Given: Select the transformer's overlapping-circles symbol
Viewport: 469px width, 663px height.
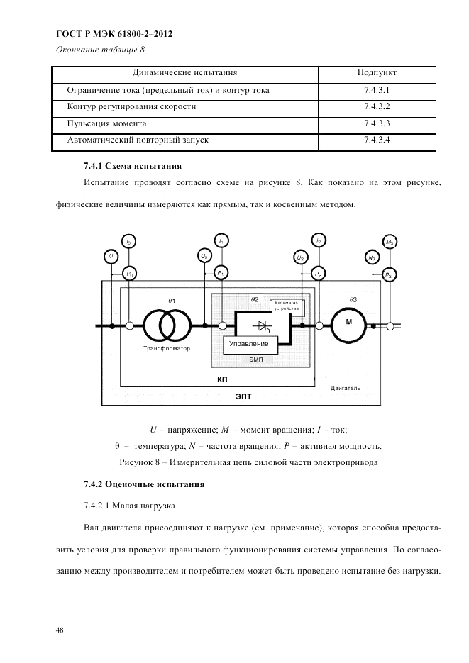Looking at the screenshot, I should (x=167, y=325).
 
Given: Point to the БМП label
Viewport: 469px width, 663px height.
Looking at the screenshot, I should (x=255, y=360).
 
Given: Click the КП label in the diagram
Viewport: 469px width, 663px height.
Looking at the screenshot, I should (x=222, y=381).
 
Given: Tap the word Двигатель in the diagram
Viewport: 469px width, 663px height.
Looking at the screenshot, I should (x=346, y=388).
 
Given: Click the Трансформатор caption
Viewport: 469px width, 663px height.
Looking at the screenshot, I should (x=166, y=349).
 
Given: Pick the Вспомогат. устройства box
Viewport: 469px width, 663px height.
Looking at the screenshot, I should (x=287, y=306).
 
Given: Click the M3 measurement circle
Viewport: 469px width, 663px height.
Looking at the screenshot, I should (x=389, y=242).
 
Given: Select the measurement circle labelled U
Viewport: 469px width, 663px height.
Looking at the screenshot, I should (x=111, y=255).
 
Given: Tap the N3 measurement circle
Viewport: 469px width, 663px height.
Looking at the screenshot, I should (x=372, y=257).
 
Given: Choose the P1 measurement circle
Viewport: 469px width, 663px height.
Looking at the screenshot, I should (x=221, y=273).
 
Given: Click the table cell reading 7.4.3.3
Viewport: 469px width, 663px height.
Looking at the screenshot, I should (x=377, y=123).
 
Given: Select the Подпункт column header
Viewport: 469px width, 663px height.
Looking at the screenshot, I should (x=377, y=73).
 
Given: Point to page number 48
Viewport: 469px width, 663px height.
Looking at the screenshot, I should (x=59, y=628).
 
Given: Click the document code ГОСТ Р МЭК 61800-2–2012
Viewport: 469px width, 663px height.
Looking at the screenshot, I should (x=114, y=33).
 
